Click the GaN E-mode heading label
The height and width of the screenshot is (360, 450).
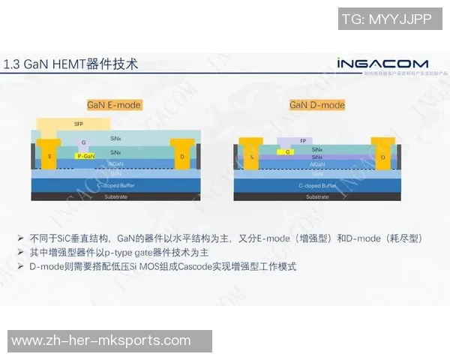click(x=114, y=105)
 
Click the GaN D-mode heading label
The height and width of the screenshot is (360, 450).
click(x=317, y=105)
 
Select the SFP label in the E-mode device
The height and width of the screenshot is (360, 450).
click(x=79, y=124)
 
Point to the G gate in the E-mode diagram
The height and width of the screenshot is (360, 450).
click(x=84, y=142)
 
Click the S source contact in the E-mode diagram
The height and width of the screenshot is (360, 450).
click(x=49, y=155)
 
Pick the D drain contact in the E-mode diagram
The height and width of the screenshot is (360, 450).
click(x=183, y=155)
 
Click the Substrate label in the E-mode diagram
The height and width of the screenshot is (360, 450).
click(x=115, y=196)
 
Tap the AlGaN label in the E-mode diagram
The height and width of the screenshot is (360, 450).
click(x=115, y=163)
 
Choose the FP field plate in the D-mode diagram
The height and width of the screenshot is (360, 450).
click(x=303, y=140)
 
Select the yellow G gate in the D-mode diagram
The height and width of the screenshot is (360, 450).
click(x=287, y=151)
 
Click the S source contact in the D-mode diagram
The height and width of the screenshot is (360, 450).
click(x=252, y=157)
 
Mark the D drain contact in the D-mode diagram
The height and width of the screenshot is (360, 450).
click(x=383, y=157)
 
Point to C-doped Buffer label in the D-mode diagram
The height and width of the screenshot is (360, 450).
click(x=317, y=184)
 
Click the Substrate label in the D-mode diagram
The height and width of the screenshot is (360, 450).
click(x=317, y=196)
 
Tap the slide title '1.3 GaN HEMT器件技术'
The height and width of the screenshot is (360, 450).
click(x=71, y=64)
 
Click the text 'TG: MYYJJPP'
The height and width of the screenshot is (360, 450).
click(x=386, y=19)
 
